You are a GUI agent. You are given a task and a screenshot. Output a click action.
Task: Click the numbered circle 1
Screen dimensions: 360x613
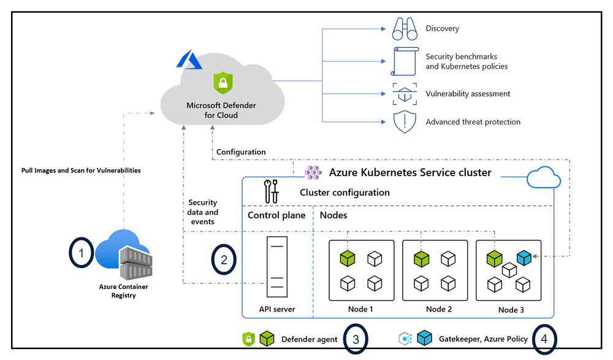point(82,251)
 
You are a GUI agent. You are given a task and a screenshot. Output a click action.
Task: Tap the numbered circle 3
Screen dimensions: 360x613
point(356,339)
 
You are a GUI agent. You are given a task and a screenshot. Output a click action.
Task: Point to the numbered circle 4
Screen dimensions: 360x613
point(544,339)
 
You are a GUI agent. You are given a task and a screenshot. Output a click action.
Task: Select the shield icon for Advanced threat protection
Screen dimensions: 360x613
point(405,122)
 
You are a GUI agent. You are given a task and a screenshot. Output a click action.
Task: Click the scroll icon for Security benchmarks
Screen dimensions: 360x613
point(405,61)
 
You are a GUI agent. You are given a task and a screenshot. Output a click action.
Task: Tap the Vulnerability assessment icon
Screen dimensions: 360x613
point(405,94)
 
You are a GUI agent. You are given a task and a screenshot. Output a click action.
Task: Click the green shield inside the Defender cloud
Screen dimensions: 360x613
point(223,83)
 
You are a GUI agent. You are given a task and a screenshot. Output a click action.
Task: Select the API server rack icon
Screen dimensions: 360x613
point(277,267)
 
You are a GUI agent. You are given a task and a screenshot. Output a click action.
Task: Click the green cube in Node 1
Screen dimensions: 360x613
point(348,259)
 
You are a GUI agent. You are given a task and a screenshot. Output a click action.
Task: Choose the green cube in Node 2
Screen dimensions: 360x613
point(421,259)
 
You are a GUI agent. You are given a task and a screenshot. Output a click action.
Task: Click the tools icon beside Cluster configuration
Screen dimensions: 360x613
point(271,192)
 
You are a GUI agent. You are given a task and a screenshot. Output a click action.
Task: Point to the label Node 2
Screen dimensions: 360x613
point(439,309)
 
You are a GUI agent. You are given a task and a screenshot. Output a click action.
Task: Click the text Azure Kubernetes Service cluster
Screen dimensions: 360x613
point(410,172)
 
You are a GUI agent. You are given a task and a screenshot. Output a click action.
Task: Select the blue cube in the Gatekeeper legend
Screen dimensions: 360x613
point(424,339)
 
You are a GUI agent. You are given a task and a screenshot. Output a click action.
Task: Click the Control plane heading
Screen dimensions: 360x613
point(276,215)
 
